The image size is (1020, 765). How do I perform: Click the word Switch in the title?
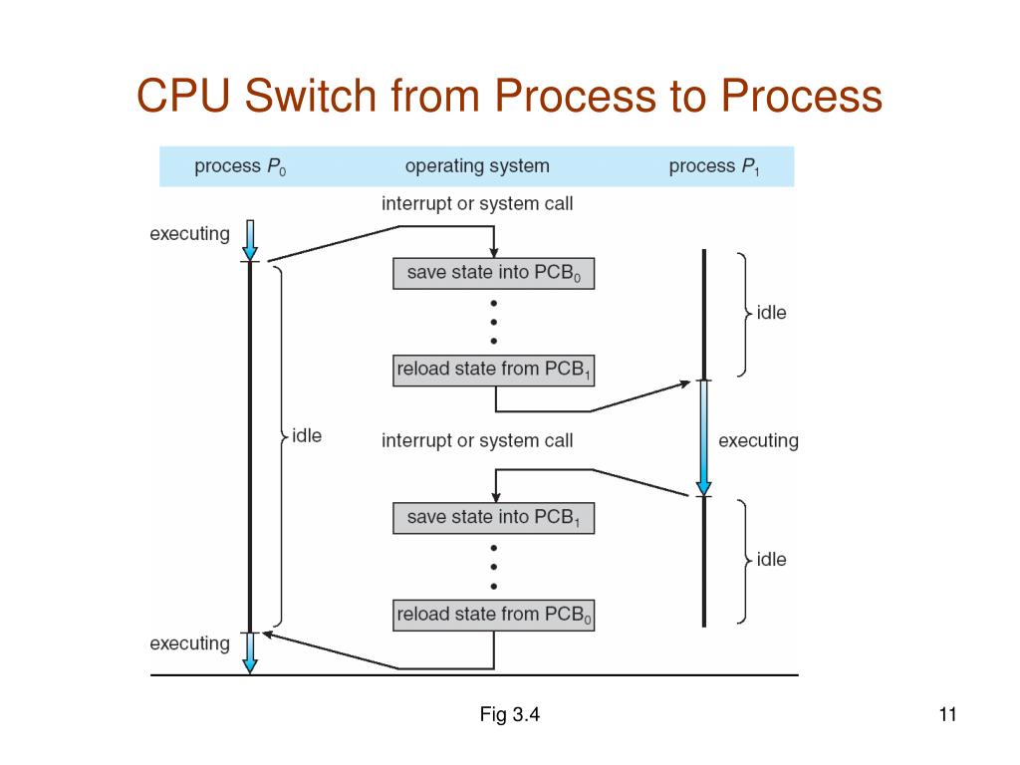tap(311, 96)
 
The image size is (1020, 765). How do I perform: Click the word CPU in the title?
tap(183, 96)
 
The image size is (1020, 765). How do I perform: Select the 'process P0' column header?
tap(240, 166)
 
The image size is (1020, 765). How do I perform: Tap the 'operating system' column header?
tap(477, 166)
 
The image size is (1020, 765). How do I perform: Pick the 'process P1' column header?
tap(714, 166)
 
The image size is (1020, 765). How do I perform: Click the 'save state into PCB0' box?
tap(494, 273)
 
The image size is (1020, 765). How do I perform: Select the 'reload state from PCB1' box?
tap(494, 371)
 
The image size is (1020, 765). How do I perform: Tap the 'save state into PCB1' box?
tap(494, 518)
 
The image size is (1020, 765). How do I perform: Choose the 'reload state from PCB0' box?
tap(494, 615)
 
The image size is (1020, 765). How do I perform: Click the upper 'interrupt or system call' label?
tap(477, 203)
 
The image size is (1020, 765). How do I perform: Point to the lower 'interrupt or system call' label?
tap(477, 440)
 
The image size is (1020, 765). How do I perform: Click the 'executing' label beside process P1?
tap(758, 441)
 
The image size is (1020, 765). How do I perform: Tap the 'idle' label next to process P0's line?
tap(307, 435)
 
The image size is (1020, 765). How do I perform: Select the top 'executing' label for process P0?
tap(190, 234)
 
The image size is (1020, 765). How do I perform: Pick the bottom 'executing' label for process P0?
tap(190, 644)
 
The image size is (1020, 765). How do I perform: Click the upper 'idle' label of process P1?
tap(772, 313)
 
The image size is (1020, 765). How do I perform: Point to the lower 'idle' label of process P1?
tap(772, 560)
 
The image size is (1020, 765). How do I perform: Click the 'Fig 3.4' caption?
tap(509, 714)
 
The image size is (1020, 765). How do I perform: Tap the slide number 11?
tap(948, 714)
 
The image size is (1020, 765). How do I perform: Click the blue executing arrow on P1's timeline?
tap(704, 438)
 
